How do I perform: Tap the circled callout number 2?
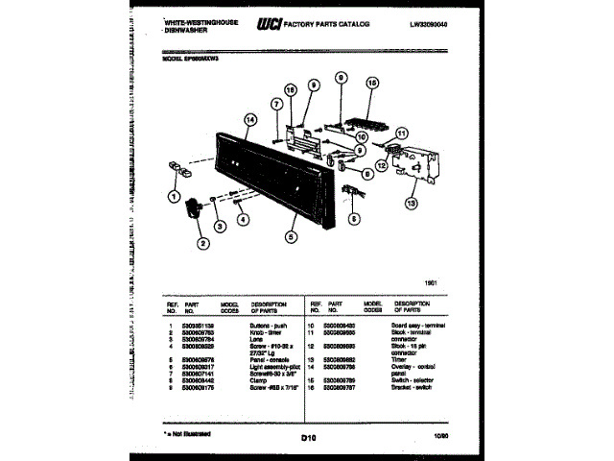click(x=203, y=243)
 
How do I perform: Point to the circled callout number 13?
click(x=412, y=203)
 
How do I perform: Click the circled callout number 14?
click(x=251, y=120)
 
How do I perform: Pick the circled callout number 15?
click(x=372, y=84)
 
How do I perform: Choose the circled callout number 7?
click(x=275, y=105)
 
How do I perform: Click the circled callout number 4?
click(x=243, y=218)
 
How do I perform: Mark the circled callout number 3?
click(x=219, y=227)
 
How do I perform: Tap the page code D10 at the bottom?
click(x=307, y=439)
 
